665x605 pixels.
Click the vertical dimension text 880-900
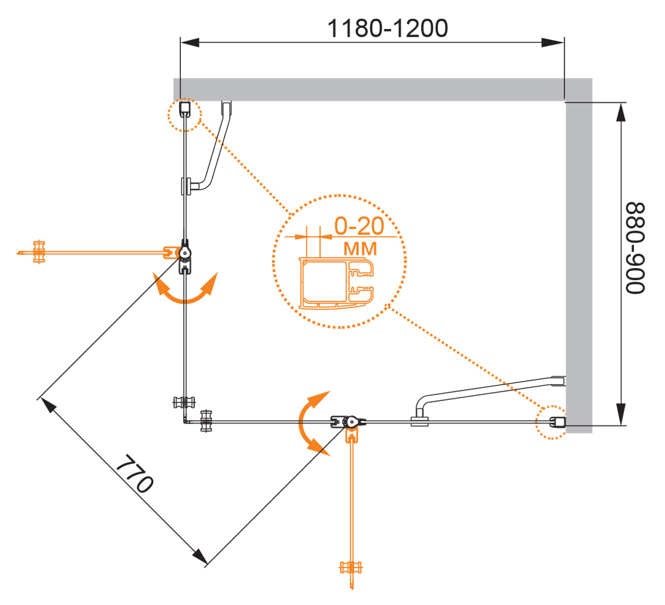636,248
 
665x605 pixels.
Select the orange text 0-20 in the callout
359,227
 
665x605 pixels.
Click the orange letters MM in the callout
360,248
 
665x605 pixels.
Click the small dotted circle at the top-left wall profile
185,114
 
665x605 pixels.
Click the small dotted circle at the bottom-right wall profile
553,422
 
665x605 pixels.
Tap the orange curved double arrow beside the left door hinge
185,289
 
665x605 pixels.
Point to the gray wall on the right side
579,260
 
